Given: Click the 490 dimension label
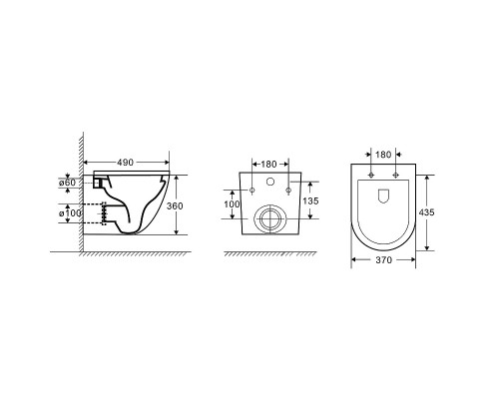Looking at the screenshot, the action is pos(125,163).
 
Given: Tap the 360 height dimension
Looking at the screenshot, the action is pos(175,206).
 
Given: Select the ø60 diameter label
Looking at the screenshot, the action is pos(67,183).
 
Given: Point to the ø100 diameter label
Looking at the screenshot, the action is pos(70,213).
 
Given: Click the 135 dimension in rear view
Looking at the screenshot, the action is pos(310,200).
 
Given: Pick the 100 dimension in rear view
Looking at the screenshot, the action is pos(232,204).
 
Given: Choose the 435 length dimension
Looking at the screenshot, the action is pos(426,211).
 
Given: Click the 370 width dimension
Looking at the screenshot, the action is pos(384,260).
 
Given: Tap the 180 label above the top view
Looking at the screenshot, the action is pos(383,155).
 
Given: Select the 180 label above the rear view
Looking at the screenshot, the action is pos(268,165).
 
